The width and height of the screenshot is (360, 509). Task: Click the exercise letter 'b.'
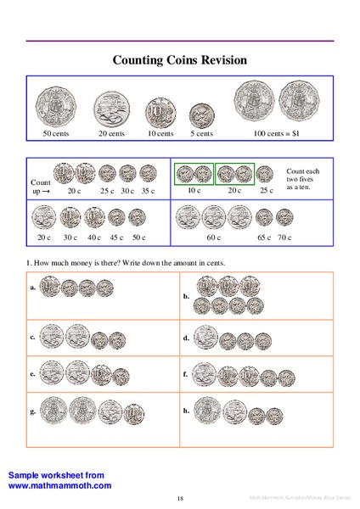[186, 298]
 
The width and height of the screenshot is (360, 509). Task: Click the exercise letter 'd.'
[186, 338]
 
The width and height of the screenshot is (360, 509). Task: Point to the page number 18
[180, 497]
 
